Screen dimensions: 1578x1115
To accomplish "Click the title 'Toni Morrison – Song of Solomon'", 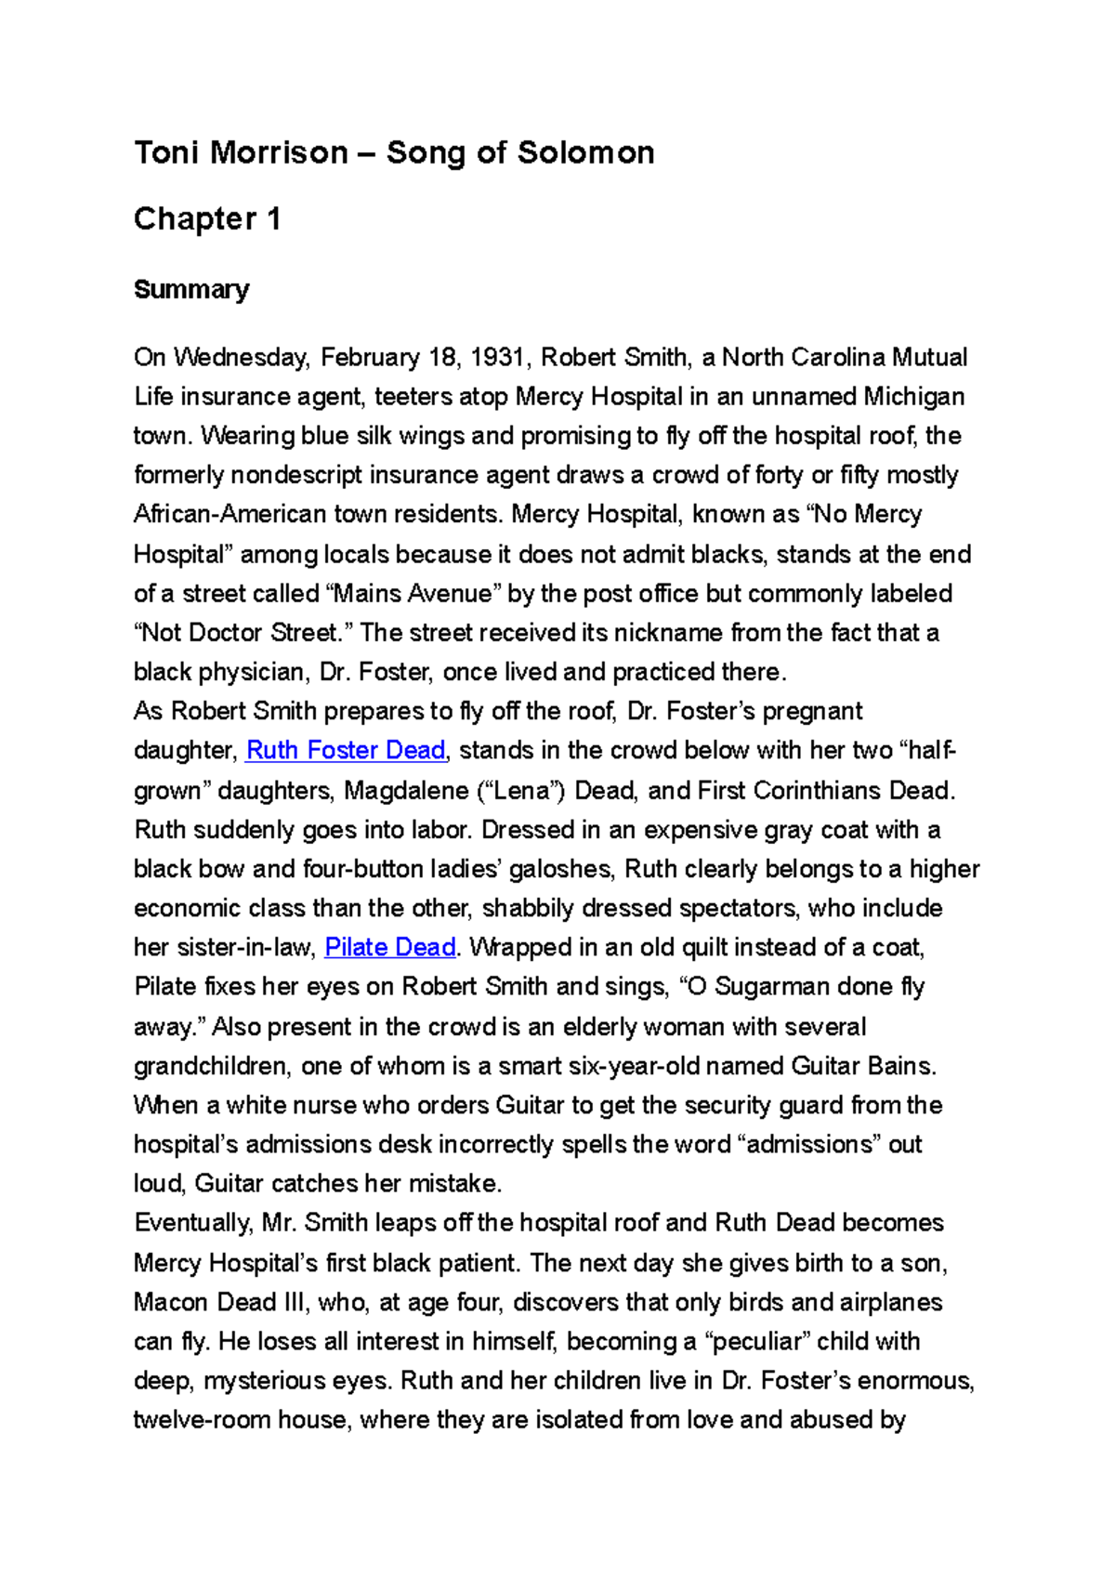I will tap(394, 152).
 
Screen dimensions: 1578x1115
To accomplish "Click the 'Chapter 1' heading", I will tap(207, 219).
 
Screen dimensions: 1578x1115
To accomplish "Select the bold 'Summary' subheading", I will tap(191, 290).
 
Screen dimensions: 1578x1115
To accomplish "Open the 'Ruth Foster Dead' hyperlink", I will tap(346, 750).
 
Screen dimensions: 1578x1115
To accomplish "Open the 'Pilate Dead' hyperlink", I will tap(390, 947).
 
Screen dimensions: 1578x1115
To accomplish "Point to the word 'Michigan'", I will tap(913, 397).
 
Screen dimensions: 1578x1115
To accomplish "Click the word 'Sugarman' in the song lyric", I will tap(771, 986).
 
